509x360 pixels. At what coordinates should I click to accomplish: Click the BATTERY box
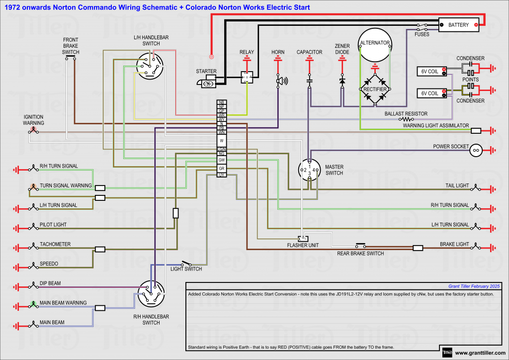coord(458,24)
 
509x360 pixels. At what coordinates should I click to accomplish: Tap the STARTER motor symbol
coord(207,83)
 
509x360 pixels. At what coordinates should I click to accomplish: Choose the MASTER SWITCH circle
coord(309,170)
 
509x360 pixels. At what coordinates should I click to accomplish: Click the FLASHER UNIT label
coord(303,245)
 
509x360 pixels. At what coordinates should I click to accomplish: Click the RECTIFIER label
coord(375,89)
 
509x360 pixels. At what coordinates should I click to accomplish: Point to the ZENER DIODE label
coord(342,49)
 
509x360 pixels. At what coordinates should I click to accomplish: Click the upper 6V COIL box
coord(430,72)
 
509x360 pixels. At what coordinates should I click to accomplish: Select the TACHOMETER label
coord(55,244)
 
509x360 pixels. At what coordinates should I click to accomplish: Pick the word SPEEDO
coord(49,264)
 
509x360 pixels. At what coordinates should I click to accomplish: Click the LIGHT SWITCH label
coord(186,269)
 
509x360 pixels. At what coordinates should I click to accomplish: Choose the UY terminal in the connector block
coord(222,175)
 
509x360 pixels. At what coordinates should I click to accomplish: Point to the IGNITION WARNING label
coord(34,120)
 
